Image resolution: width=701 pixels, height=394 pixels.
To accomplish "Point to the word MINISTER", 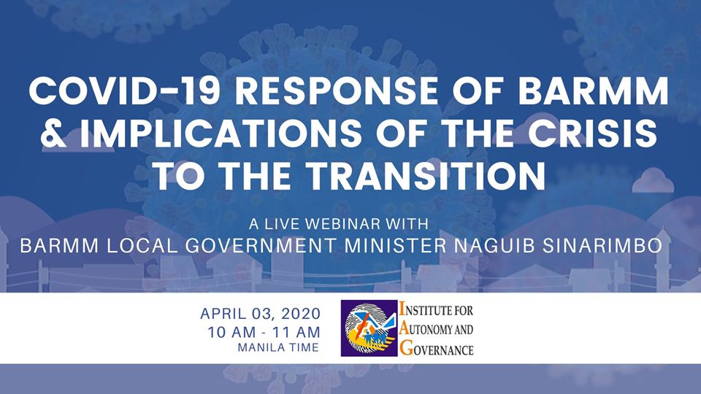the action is pyautogui.click(x=395, y=246).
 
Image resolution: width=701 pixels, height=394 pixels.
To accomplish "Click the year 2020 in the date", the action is pyautogui.click(x=301, y=314).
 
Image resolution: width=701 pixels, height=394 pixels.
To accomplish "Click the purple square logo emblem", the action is pyautogui.click(x=369, y=328).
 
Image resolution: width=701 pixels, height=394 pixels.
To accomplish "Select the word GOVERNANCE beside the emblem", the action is pyautogui.click(x=437, y=349).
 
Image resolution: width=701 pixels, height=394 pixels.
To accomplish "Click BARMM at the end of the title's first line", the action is pyautogui.click(x=593, y=91).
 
